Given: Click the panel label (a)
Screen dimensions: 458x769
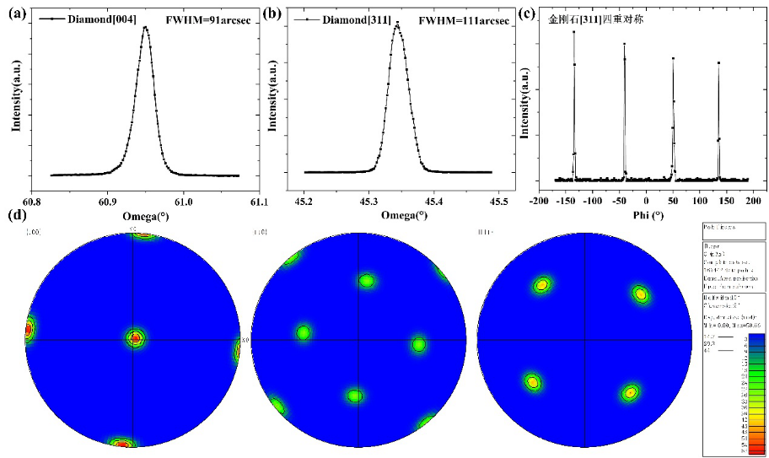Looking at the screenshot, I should pyautogui.click(x=13, y=13).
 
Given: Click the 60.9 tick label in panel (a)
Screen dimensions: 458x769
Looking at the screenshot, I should pyautogui.click(x=106, y=202).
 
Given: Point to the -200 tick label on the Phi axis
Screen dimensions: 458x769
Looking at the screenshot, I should pyautogui.click(x=536, y=202).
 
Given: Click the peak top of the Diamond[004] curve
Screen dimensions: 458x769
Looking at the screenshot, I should pyautogui.click(x=145, y=27).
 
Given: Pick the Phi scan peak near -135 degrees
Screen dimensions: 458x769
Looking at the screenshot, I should pyautogui.click(x=574, y=32).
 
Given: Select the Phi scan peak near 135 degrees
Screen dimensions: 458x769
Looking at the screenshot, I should pyautogui.click(x=718, y=62).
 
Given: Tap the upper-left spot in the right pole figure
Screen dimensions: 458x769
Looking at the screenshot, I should pyautogui.click(x=540, y=285).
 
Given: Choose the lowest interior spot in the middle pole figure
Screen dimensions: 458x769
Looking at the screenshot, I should pyautogui.click(x=354, y=396).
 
